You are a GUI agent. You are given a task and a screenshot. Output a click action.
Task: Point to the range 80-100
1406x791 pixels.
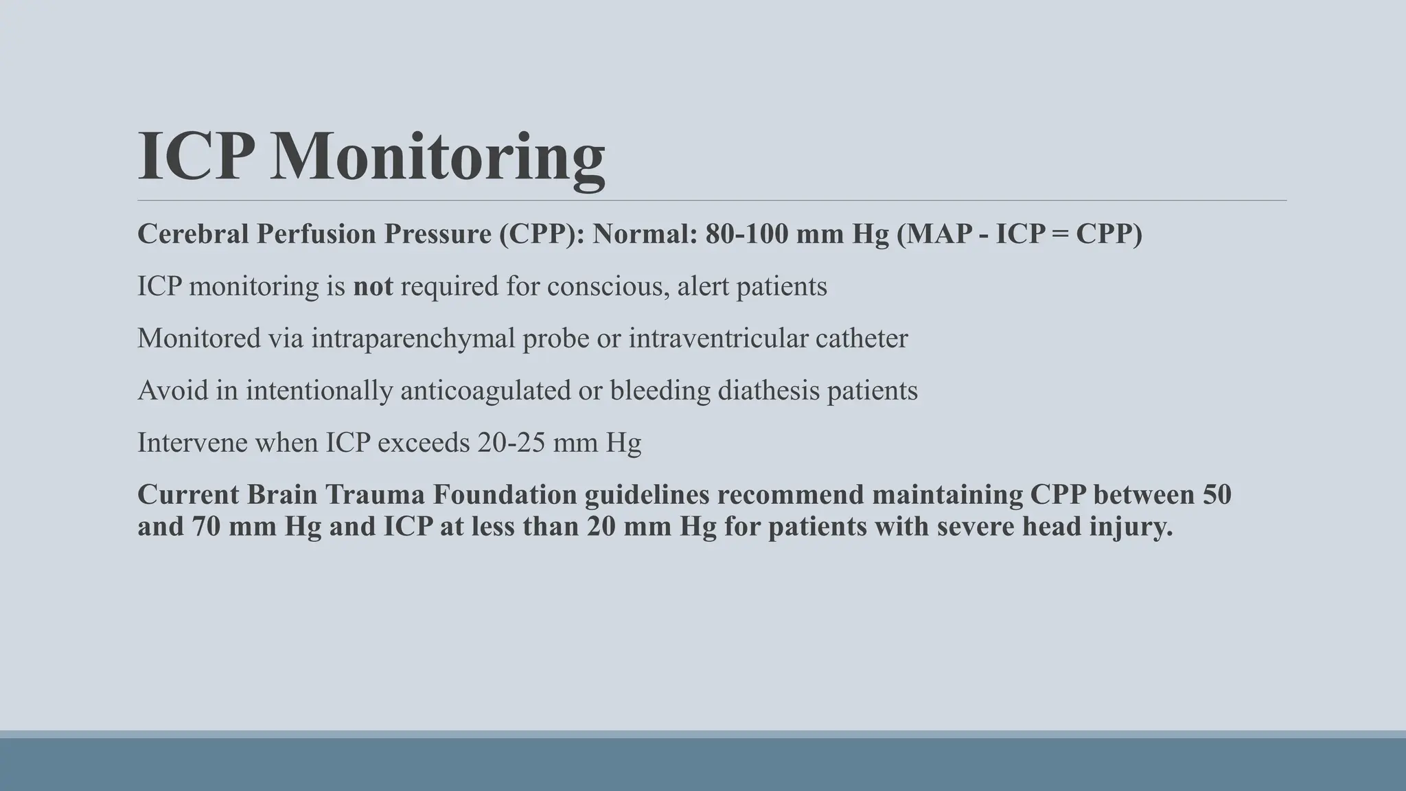746,234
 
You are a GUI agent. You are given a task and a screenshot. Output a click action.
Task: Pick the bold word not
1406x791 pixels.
373,286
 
